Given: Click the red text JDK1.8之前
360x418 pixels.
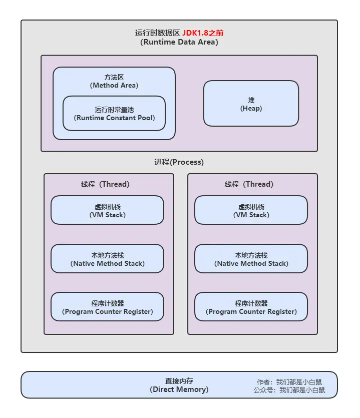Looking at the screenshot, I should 203,33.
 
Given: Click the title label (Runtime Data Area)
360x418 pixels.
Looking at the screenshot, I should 179,42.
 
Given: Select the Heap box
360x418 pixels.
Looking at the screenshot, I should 251,104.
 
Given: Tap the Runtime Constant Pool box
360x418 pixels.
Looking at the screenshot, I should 114,114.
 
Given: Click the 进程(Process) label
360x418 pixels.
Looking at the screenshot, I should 179,162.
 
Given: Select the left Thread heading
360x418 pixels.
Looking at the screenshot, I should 105,184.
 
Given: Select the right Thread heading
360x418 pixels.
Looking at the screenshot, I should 249,184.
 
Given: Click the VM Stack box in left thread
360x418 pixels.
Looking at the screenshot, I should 107,210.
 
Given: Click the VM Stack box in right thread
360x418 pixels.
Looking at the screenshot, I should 251,210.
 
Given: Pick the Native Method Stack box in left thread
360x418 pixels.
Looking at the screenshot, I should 107,259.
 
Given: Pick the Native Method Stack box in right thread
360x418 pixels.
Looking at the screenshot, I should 251,259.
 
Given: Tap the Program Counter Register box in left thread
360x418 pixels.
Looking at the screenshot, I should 107,307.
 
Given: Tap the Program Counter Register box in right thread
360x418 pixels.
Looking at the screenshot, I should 251,307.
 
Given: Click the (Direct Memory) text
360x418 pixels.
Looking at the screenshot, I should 179,389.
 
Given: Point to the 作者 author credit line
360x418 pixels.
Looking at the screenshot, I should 290,381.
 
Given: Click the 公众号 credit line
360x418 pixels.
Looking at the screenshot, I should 289,390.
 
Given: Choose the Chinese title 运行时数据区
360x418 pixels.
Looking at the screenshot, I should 157,33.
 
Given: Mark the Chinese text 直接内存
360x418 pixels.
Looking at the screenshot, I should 179,381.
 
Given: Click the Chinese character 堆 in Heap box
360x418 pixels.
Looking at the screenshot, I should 251,100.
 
